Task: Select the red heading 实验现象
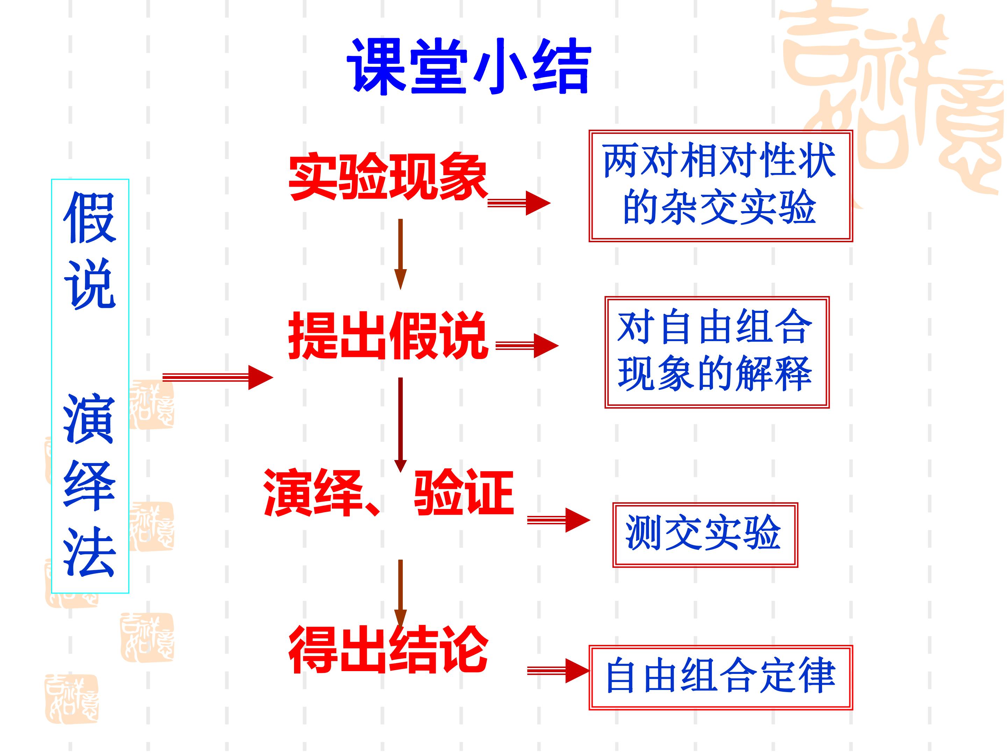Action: pyautogui.click(x=388, y=177)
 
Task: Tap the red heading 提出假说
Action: pyautogui.click(x=388, y=336)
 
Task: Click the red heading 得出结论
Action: pyautogui.click(x=388, y=649)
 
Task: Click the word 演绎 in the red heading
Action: pyautogui.click(x=313, y=492)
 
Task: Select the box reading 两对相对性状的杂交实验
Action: pyautogui.click(x=720, y=186)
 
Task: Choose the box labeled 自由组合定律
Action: pyautogui.click(x=720, y=677)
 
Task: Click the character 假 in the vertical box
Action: pyautogui.click(x=90, y=217)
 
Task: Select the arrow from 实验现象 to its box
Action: pyautogui.click(x=519, y=203)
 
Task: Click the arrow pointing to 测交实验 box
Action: pyautogui.click(x=559, y=520)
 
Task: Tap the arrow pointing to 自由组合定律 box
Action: pyautogui.click(x=559, y=671)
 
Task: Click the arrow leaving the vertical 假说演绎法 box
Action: pyautogui.click(x=217, y=377)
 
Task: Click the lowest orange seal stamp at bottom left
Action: pyautogui.click(x=71, y=699)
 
